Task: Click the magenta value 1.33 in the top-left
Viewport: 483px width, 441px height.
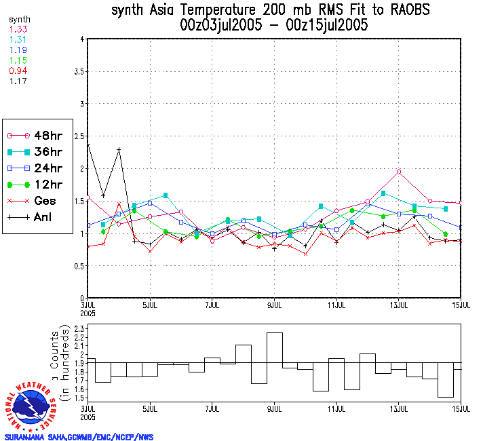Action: tap(17, 29)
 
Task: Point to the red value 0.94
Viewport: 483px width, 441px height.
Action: tap(17, 71)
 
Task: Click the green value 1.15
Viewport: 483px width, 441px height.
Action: tap(17, 60)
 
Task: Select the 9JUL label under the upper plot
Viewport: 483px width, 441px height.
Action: tap(275, 304)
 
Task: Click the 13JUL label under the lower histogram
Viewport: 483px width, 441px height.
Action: tap(399, 409)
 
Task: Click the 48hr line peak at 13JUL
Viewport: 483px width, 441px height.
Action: tap(399, 172)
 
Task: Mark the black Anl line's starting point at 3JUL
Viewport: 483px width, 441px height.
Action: tap(89, 145)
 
